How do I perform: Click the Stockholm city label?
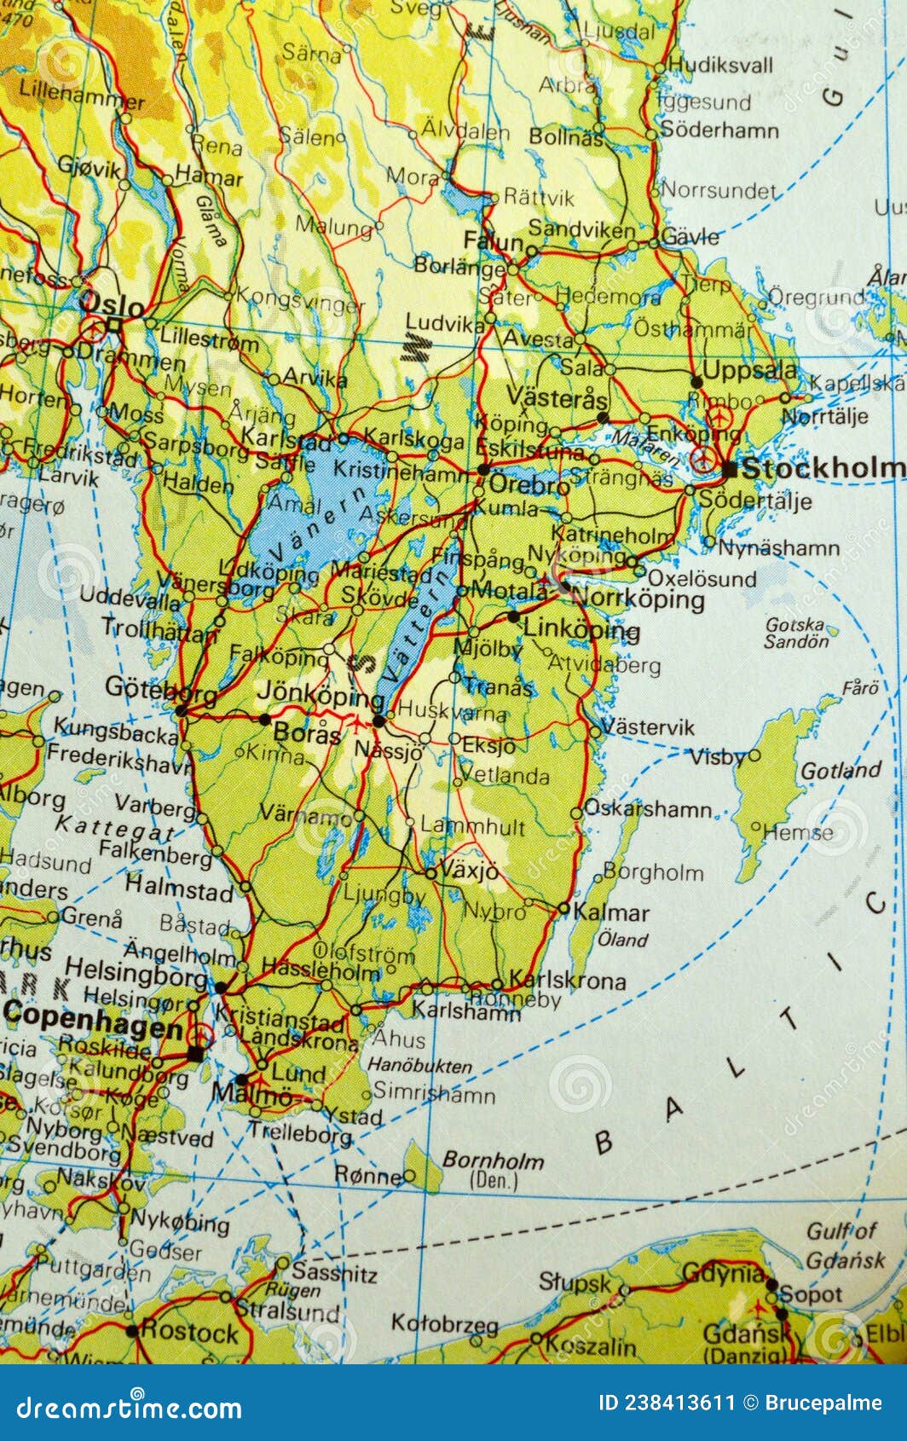click(x=823, y=468)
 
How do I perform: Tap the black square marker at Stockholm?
click(x=729, y=468)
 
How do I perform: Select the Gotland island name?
click(x=841, y=771)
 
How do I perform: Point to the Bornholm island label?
click(x=493, y=1160)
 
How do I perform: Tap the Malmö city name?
click(x=251, y=1094)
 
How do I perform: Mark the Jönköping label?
click(x=321, y=694)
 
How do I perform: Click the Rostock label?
click(x=189, y=1331)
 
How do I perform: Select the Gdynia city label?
click(x=724, y=1273)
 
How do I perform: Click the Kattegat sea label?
click(x=115, y=828)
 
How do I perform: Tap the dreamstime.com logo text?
click(x=130, y=1408)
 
